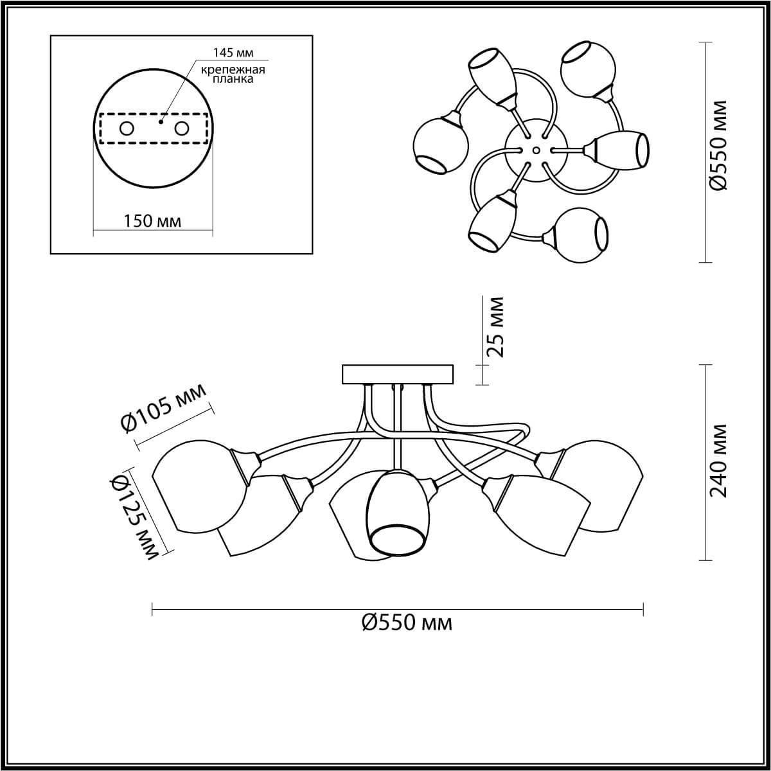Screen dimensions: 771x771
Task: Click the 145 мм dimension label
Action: (233, 53)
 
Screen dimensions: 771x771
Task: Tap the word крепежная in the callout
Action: (233, 69)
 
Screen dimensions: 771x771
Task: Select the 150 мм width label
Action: (152, 221)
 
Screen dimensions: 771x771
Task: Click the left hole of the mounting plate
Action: (127, 129)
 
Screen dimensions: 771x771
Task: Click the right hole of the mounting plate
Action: (181, 129)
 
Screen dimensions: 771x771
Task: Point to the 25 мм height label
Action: (495, 327)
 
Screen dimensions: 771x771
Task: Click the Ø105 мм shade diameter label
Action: (164, 409)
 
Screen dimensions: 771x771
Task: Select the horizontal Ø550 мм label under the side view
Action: (407, 634)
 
